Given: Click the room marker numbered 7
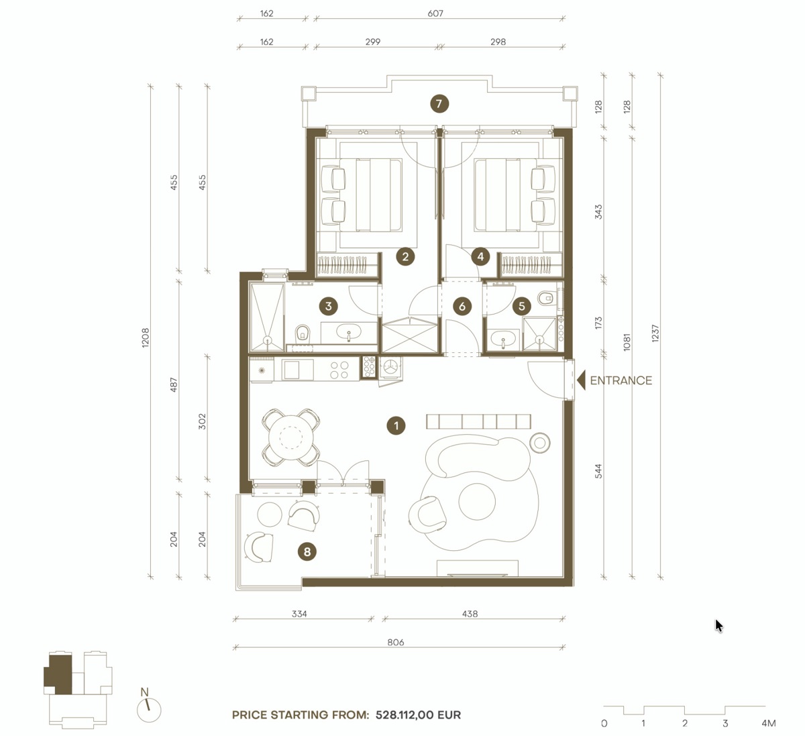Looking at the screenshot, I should pos(439,104).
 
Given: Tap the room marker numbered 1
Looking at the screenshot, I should pos(396,425).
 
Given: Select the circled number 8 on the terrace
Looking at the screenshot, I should pos(307,551).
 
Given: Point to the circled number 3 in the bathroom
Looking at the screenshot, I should pos(328,307).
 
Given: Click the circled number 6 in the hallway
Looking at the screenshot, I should pos(462,307).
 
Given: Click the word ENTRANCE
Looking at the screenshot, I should pos(621,380).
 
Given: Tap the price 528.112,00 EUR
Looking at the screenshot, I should pos(418,715).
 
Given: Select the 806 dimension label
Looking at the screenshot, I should pos(396,642).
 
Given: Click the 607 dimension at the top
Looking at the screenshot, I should pos(435,13).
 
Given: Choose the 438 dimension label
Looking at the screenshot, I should pos(470,613).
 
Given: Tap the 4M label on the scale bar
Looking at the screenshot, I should pos(769,723).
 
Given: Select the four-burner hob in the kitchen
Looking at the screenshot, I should pos(339,370).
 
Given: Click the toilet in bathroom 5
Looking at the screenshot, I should pos(547,297).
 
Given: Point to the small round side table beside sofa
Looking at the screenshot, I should pos(539,441).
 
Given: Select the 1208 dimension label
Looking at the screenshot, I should pos(146,337).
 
